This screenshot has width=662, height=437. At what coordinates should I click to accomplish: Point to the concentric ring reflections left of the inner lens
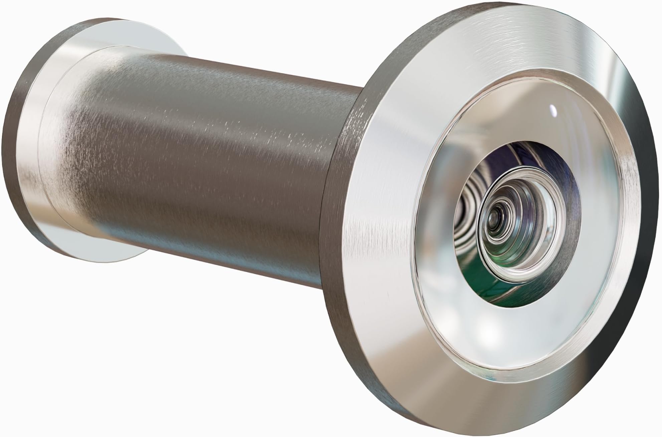click(x=466, y=207)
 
